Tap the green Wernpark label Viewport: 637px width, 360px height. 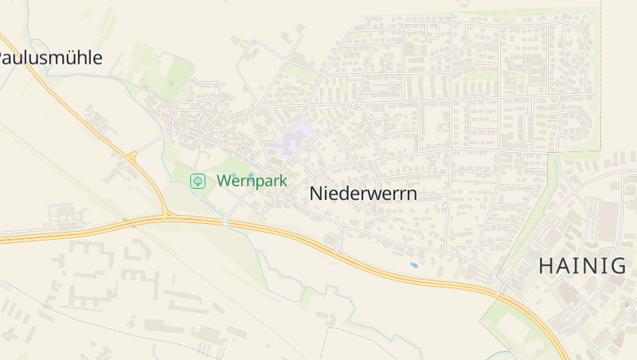coord(252,181)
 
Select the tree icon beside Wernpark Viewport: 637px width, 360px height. coord(197,181)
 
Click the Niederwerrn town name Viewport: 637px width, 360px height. coord(362,194)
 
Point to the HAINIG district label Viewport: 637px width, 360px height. coord(582,266)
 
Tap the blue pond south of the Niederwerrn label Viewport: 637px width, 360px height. coord(413,264)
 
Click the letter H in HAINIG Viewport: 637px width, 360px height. coord(547,266)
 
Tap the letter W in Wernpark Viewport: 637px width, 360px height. coord(225,181)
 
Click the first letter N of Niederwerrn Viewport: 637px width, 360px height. coord(315,194)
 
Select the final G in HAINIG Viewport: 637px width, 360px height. coord(618,266)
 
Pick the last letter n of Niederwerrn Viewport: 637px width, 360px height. coord(411,194)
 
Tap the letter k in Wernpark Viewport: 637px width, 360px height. coord(282,181)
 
